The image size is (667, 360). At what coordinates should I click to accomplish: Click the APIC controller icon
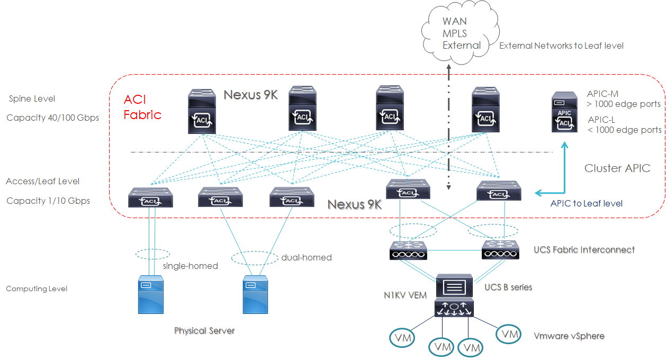[564, 112]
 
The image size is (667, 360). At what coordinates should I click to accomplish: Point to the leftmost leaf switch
[151, 197]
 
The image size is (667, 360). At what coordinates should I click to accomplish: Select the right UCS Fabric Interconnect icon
[500, 250]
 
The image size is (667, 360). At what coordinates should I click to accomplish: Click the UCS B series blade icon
[454, 286]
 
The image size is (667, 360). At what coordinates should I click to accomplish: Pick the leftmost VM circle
[403, 337]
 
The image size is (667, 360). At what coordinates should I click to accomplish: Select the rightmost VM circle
[510, 334]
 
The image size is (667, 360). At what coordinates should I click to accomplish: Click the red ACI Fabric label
[142, 107]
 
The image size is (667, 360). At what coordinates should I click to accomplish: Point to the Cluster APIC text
[617, 168]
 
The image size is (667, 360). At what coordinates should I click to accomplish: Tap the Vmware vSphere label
[569, 336]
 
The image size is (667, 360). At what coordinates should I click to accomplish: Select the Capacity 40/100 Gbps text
[52, 118]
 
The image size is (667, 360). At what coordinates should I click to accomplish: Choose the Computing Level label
[37, 289]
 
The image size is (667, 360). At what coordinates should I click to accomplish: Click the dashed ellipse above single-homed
[152, 254]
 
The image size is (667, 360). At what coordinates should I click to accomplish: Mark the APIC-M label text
[602, 94]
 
